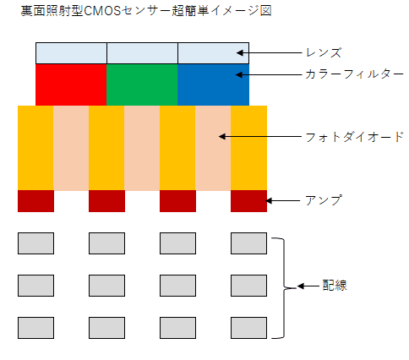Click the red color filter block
[x=71, y=85]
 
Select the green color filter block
[x=142, y=85]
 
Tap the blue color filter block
[x=213, y=85]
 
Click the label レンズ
[x=323, y=52]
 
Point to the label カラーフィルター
[x=347, y=74]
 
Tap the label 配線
[x=335, y=286]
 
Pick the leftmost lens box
[x=71, y=52]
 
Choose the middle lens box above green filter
[x=142, y=52]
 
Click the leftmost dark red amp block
[x=35, y=201]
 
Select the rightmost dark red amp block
[x=248, y=201]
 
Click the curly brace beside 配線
[x=286, y=286]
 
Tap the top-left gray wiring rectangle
[x=35, y=243]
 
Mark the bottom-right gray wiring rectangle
[x=248, y=326]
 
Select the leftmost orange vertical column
[x=35, y=148]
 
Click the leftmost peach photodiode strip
[x=71, y=148]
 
